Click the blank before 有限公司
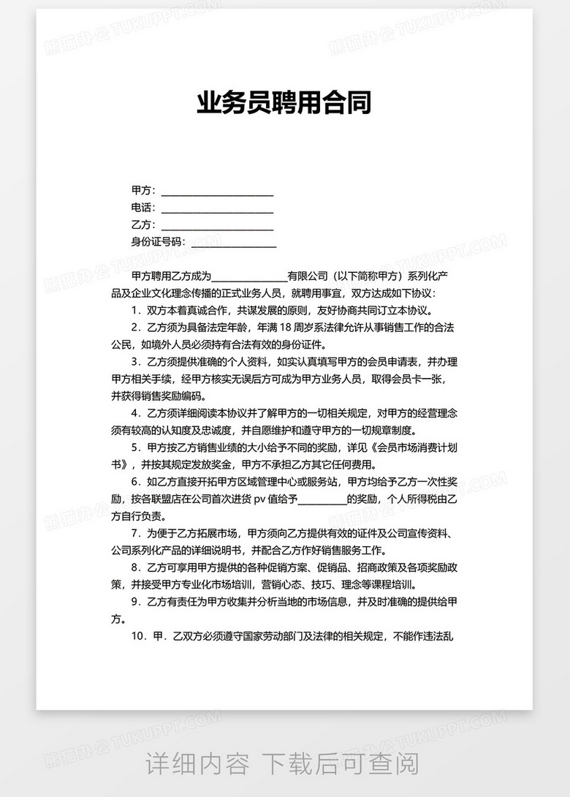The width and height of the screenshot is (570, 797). pyautogui.click(x=249, y=277)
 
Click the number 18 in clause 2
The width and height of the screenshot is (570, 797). pyautogui.click(x=285, y=327)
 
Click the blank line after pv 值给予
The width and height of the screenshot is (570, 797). pyautogui.click(x=322, y=500)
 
